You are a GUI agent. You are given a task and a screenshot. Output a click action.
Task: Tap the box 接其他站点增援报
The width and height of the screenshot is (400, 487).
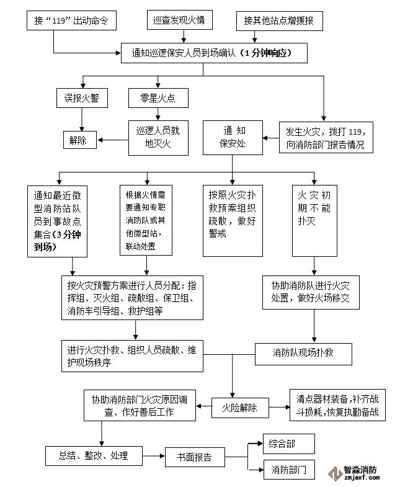[x=279, y=21]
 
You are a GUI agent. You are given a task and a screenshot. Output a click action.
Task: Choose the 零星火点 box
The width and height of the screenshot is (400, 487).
[x=158, y=98]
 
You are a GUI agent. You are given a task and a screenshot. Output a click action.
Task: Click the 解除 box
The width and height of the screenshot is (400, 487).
[x=79, y=140]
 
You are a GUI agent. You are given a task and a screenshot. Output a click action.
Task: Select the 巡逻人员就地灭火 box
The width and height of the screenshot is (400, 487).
[x=158, y=137]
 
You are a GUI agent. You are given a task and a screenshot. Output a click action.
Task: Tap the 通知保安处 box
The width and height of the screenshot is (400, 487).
[x=233, y=138]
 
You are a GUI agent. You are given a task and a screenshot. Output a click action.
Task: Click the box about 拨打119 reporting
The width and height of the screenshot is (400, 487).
[x=326, y=138]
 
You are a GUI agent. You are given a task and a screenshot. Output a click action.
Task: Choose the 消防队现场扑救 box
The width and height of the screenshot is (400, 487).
[x=304, y=352]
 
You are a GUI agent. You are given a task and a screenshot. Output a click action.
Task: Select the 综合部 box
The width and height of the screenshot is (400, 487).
[x=289, y=444]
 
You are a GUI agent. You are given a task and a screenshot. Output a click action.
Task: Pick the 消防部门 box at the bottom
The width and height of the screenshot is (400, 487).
[x=289, y=470]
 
